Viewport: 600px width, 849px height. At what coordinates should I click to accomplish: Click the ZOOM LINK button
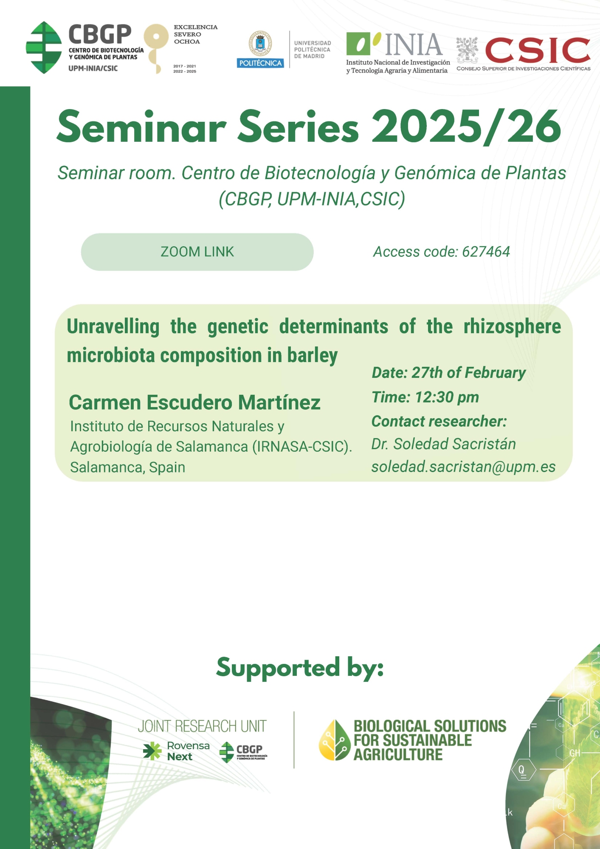197,252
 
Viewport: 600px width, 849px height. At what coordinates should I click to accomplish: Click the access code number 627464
486,252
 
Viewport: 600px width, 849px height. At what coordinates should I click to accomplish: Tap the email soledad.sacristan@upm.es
463,467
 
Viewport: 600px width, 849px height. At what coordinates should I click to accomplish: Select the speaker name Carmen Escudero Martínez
194,402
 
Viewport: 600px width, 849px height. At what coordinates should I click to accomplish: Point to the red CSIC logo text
538,50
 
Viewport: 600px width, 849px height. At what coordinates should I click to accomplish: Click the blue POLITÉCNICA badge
260,63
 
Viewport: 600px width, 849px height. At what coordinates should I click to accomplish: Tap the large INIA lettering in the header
414,44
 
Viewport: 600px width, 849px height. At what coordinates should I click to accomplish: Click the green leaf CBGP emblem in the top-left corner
44,48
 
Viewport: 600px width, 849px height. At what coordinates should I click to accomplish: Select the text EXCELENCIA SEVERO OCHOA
196,34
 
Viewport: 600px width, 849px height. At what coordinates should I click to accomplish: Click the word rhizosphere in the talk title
512,327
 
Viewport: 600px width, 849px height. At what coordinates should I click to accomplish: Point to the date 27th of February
469,373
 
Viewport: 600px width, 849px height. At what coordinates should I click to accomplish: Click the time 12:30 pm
447,397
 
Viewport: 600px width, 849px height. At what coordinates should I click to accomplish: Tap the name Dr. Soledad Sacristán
444,444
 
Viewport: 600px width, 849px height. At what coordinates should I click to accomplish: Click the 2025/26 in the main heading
466,127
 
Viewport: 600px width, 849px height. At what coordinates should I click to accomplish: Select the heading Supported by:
300,668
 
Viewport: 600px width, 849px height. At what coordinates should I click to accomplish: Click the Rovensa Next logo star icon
152,751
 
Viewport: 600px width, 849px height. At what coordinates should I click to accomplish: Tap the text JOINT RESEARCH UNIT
202,726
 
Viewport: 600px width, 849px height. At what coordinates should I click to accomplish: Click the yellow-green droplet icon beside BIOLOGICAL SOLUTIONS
335,740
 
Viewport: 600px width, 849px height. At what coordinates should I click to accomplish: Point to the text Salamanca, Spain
128,467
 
